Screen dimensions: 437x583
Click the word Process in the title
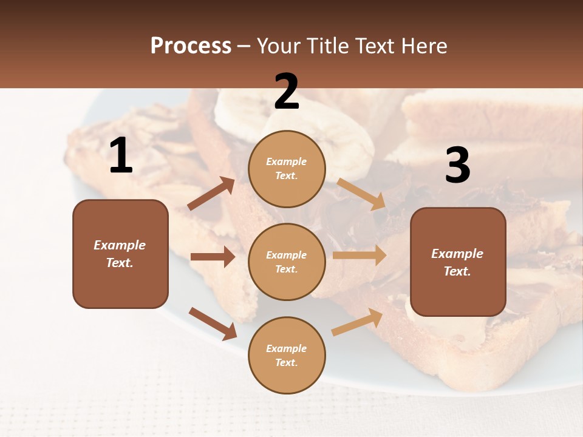[x=191, y=46]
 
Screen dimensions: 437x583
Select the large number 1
[x=121, y=156]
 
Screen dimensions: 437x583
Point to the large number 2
[x=287, y=92]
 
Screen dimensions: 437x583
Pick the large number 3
[x=457, y=166]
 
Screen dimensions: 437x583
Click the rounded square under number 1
[x=120, y=254]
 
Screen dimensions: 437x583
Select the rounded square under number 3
[x=458, y=262]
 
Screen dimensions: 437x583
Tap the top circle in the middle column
[x=287, y=169]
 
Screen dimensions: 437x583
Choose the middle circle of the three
[x=287, y=262]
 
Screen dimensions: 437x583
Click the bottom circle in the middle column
[x=287, y=355]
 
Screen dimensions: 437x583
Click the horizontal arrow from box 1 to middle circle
[x=213, y=257]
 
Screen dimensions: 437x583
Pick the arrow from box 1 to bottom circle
[x=213, y=324]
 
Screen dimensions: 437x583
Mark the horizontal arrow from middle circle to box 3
[x=360, y=256]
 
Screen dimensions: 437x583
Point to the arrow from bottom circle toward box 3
[x=358, y=322]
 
